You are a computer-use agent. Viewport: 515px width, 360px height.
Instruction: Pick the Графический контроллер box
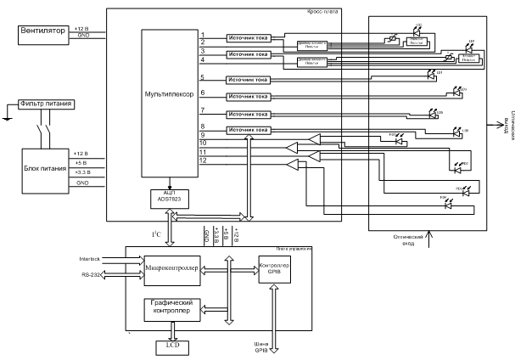(173, 310)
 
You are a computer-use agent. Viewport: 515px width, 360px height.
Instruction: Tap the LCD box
(172, 346)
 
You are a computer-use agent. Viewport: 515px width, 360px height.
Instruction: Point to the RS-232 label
(92, 274)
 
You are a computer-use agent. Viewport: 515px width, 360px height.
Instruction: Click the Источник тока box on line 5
(248, 78)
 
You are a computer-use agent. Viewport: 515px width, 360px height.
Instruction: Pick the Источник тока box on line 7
(248, 114)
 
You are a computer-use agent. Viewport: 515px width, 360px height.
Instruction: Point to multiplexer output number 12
(204, 160)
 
